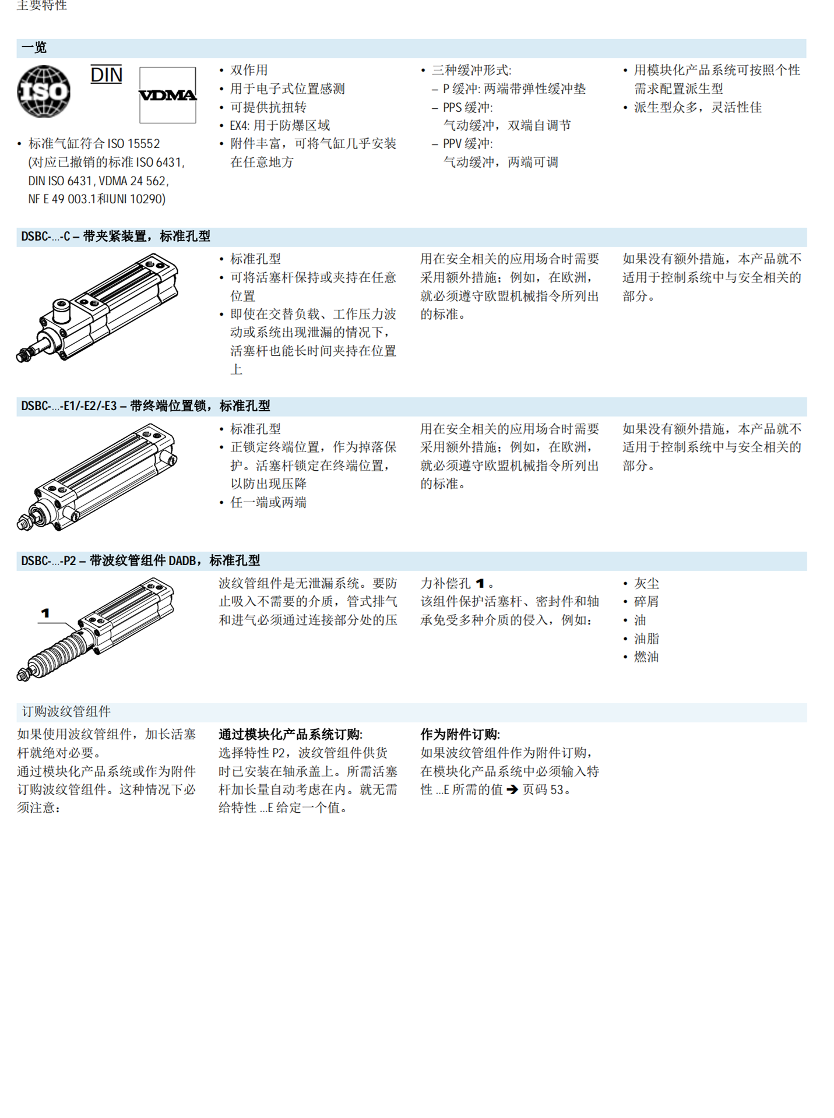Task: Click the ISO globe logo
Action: [x=44, y=91]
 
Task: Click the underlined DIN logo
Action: [x=107, y=75]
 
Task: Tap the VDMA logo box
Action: [x=168, y=95]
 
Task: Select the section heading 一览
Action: [x=34, y=48]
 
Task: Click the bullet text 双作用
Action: [x=249, y=70]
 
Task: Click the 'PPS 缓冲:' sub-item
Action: [x=467, y=108]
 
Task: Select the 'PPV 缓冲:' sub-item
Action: [x=467, y=144]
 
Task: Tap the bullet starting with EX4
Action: [x=280, y=126]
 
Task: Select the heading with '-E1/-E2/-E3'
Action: [x=145, y=406]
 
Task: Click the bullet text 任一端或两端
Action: [x=268, y=503]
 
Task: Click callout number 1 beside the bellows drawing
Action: [x=45, y=613]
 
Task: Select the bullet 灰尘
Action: [x=646, y=584]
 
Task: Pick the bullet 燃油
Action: [x=646, y=657]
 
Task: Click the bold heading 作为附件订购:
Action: [x=460, y=735]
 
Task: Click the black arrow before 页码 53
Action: [x=512, y=790]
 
